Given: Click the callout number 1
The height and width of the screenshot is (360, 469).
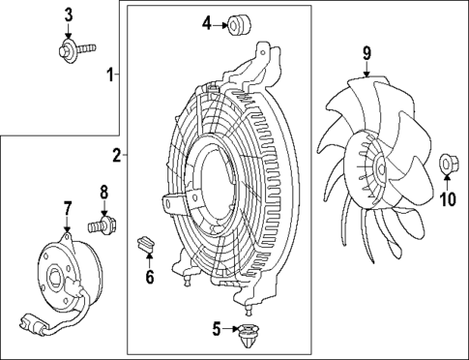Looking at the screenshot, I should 111,74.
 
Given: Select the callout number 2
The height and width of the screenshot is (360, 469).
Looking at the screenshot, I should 116,155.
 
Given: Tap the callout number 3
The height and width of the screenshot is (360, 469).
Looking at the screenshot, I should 69,14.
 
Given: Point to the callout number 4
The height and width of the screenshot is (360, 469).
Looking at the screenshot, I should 207,22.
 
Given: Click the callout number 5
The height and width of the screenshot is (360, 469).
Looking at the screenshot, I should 217,330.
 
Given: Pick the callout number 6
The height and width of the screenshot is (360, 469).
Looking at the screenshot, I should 149,278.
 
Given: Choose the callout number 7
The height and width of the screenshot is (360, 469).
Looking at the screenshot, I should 68,208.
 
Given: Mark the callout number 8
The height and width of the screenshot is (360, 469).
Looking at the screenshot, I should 104,193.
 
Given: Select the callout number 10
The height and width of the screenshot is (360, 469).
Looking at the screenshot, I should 447,199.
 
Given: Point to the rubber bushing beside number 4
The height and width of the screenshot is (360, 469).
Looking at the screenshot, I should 235,24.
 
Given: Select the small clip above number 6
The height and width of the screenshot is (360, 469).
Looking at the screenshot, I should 146,242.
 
